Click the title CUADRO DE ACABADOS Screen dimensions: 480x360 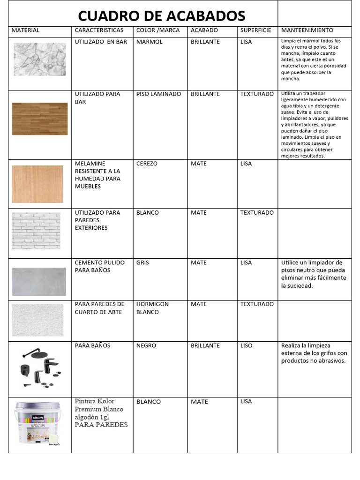point(161,16)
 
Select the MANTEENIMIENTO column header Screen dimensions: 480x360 point(307,30)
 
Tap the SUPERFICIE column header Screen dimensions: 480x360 point(255,30)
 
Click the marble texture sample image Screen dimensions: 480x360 point(40,60)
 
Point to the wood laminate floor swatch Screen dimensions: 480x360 point(40,119)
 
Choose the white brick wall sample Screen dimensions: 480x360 point(36,231)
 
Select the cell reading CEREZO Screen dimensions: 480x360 point(147,164)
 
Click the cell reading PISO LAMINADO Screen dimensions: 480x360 point(158,94)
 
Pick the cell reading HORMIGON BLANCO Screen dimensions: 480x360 point(152,308)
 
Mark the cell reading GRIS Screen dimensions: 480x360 point(142,263)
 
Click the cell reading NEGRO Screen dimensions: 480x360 point(145,346)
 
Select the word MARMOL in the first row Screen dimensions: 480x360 point(149,42)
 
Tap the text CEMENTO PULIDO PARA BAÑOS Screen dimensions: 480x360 point(99,266)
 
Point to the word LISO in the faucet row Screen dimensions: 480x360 point(246,346)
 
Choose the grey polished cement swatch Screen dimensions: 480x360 point(39,281)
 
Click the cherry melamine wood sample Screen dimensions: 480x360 point(37,184)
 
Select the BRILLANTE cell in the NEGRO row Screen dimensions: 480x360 point(205,346)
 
